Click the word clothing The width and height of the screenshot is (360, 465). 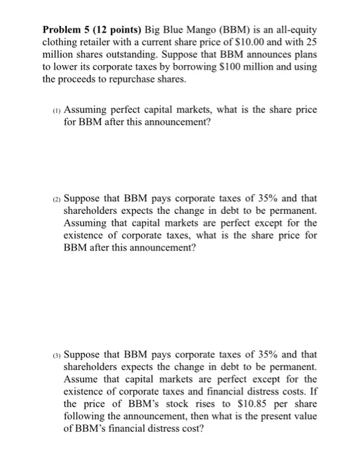60,44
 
